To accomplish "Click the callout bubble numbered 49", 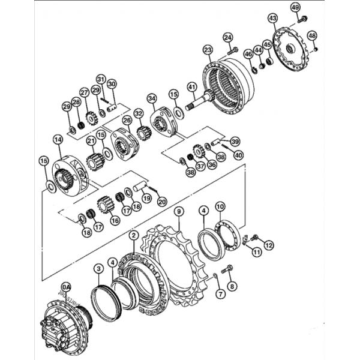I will (295, 7).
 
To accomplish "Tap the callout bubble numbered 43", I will (273, 19).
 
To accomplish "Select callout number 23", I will (208, 49).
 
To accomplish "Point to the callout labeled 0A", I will (66, 287).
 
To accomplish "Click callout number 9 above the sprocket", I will (178, 211).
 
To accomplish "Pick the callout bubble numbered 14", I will (58, 139).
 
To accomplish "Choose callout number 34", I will (152, 97).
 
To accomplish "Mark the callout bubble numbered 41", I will (192, 86).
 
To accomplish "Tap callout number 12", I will (268, 245).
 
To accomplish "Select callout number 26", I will (127, 121).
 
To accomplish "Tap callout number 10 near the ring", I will (220, 207).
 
